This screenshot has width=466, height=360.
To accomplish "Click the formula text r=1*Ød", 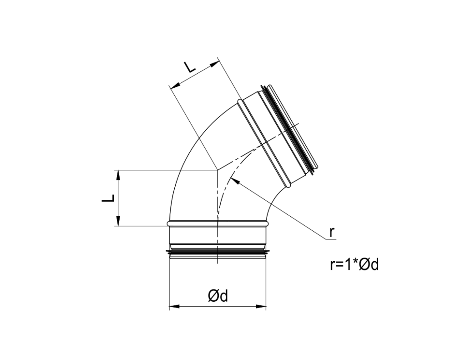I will (x=354, y=265).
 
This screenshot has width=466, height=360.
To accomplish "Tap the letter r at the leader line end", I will (x=332, y=232).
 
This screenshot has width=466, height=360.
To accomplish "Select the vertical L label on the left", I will (x=107, y=198).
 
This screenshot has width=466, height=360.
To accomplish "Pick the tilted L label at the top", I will (x=189, y=68).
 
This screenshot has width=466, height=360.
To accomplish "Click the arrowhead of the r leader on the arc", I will (x=233, y=179).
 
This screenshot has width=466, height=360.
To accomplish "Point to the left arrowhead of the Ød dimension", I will (x=172, y=307).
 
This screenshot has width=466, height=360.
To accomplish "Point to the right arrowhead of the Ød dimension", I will (x=263, y=307).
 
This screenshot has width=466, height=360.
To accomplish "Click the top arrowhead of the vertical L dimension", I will (x=118, y=173).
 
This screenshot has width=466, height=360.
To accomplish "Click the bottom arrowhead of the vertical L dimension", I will (x=118, y=222).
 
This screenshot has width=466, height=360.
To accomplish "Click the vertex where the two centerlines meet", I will (x=218, y=170).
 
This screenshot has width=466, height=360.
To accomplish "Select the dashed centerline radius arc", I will (x=224, y=189).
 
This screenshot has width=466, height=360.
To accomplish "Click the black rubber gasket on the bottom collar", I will (x=218, y=251).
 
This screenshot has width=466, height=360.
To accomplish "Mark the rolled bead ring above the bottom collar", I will (x=218, y=223).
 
